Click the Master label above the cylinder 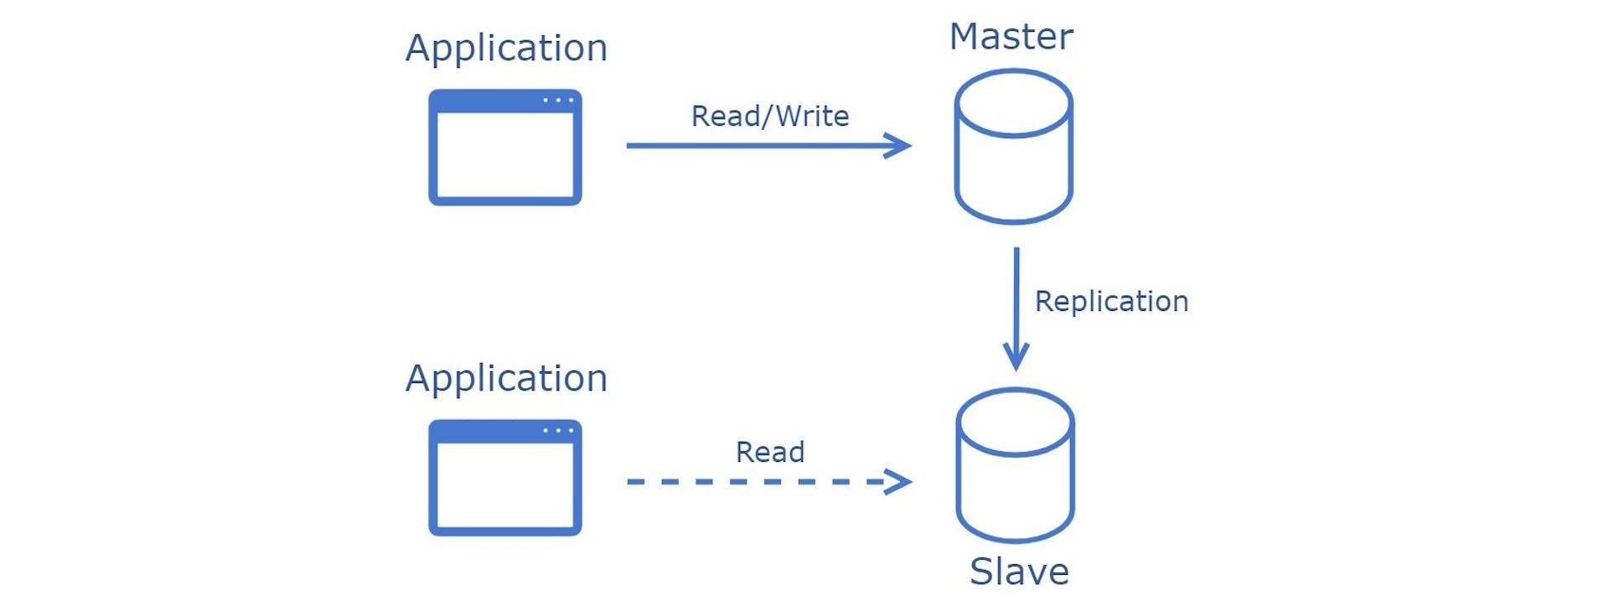tap(1011, 37)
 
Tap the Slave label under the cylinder tap(1019, 572)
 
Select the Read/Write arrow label tap(769, 116)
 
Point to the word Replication tap(1111, 302)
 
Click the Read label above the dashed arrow tap(769, 453)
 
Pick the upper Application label tap(506, 49)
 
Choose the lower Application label tap(506, 379)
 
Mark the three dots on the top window tap(558, 101)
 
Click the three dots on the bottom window tap(558, 431)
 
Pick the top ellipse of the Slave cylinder tap(1016, 422)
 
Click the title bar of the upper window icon tap(486, 101)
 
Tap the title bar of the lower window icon tap(486, 431)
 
